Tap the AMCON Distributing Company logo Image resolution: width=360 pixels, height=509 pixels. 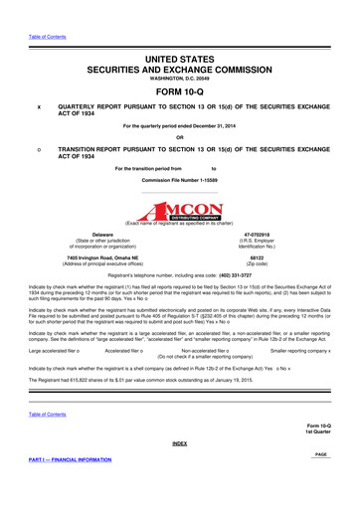tap(180, 189)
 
